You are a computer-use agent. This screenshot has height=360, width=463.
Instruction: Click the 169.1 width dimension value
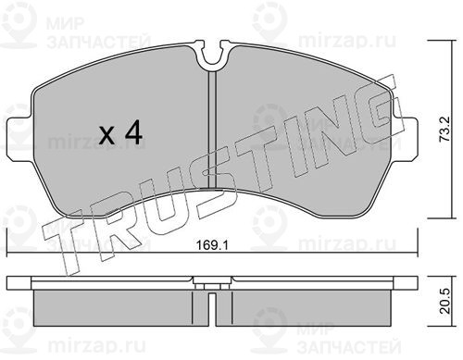(x=212, y=245)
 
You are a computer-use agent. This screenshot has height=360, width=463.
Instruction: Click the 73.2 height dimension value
(x=445, y=130)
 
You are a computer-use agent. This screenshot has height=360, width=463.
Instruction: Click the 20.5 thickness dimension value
(x=445, y=302)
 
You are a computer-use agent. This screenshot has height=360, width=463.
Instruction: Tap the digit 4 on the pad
(x=133, y=132)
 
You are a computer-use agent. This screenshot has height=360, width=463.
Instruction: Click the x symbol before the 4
(x=107, y=135)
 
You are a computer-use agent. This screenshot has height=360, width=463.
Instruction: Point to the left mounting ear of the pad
(x=19, y=139)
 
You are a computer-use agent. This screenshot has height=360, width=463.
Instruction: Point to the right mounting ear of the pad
(x=407, y=139)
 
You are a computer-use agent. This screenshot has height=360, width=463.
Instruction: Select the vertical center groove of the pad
(x=212, y=130)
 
